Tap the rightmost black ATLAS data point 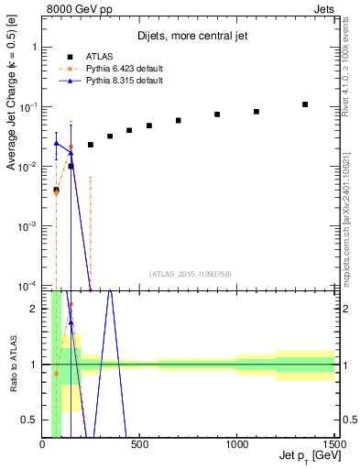(x=305, y=104)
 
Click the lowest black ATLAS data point (x=56, y=190)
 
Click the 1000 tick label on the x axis (x=237, y=444)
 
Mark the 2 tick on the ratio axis (x=36, y=309)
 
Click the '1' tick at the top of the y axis (x=36, y=46)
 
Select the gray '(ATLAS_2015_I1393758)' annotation (x=189, y=272)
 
